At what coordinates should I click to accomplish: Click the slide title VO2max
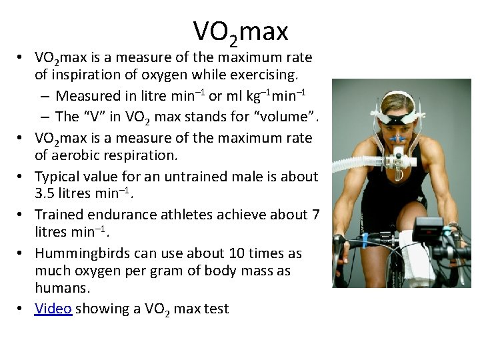click(240, 31)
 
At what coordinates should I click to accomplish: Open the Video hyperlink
click(53, 309)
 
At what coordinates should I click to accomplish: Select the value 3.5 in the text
click(45, 194)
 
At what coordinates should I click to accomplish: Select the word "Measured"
click(87, 96)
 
